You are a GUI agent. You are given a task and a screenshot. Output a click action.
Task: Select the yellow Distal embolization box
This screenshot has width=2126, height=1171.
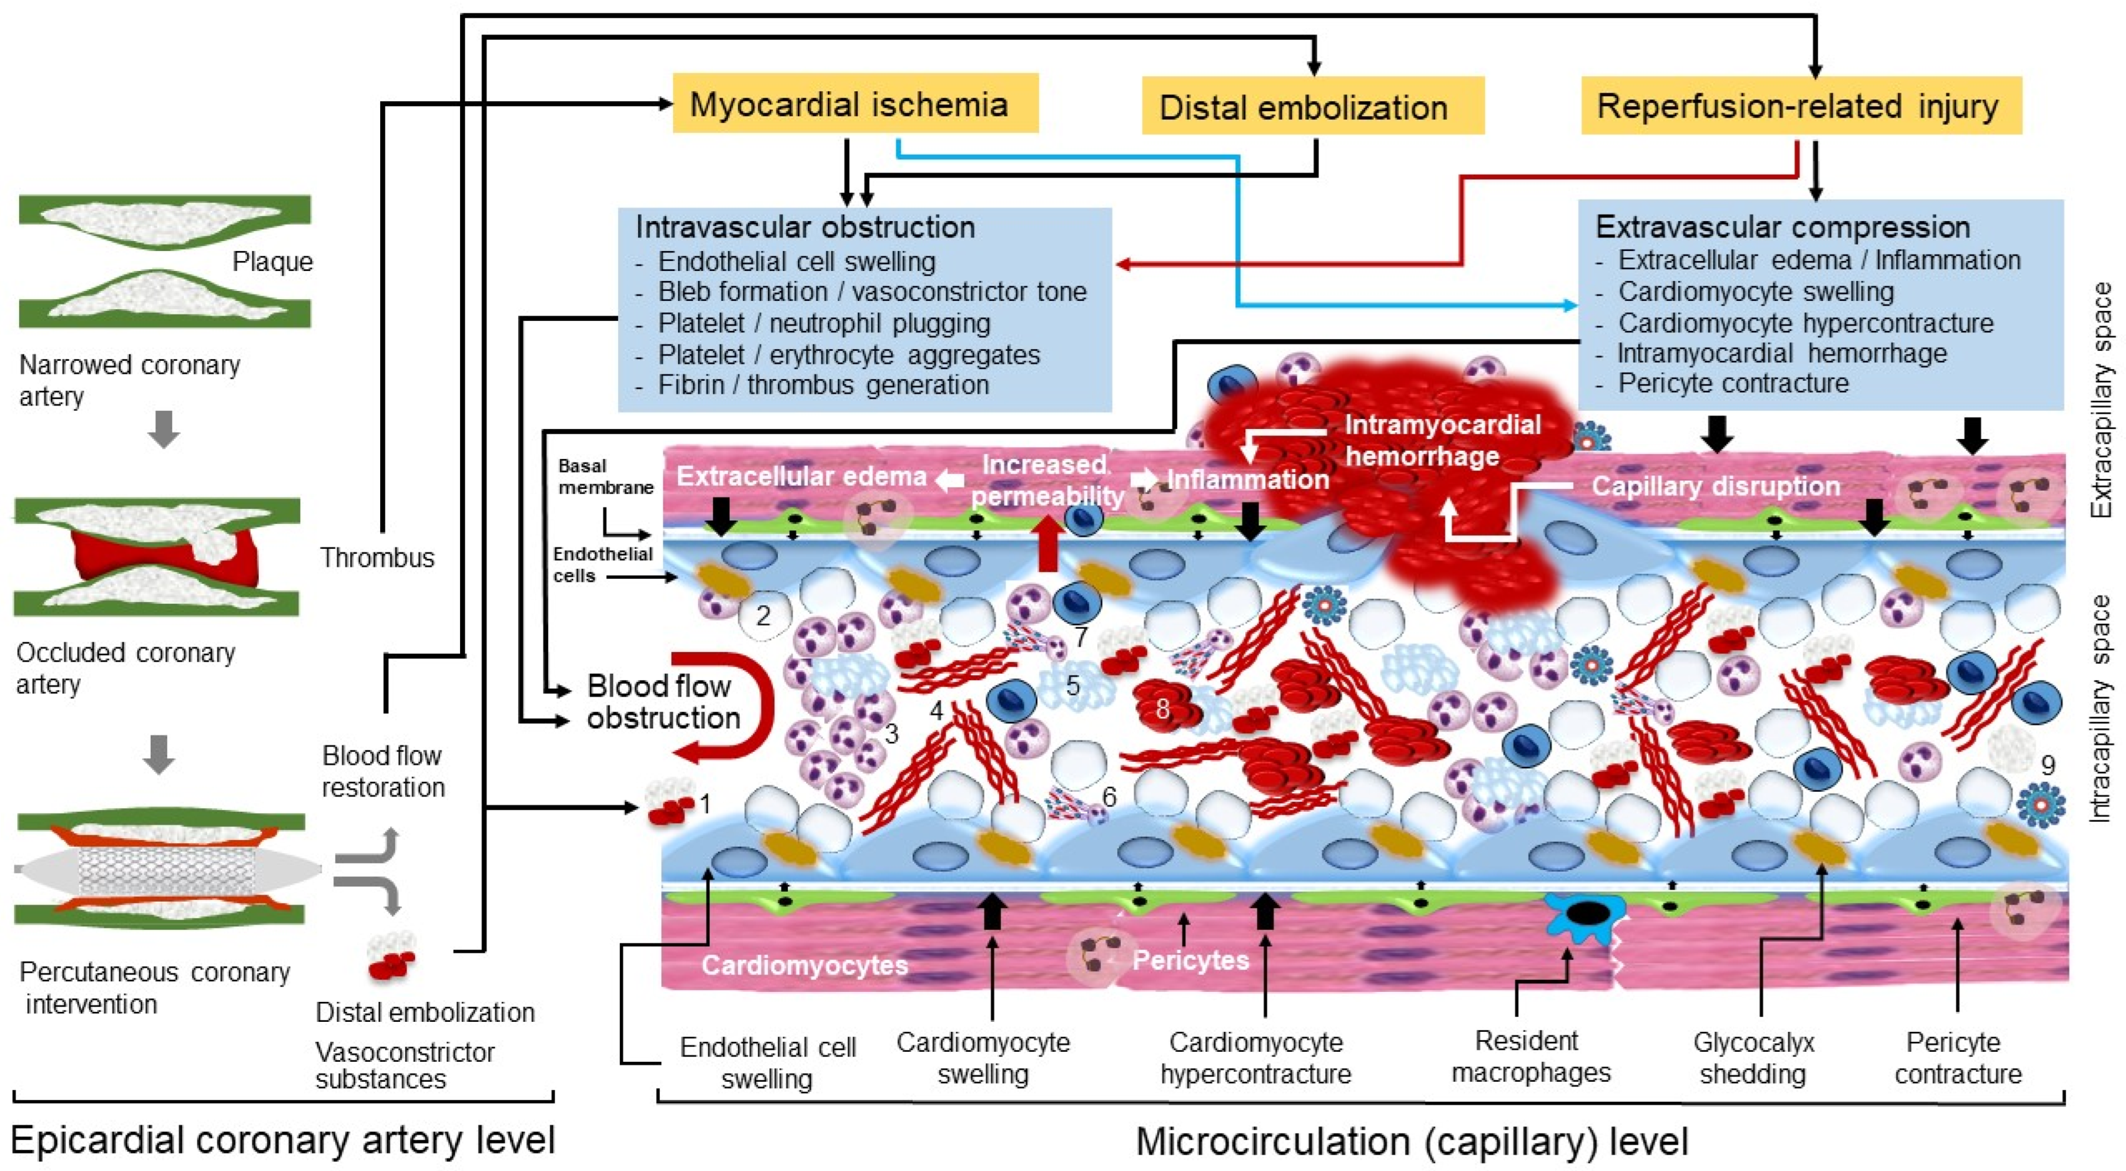[x=1312, y=107]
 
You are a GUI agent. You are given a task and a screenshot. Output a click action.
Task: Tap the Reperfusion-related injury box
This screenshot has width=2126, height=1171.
[x=1800, y=106]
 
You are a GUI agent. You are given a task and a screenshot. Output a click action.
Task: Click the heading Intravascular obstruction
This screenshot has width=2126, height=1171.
[x=805, y=227]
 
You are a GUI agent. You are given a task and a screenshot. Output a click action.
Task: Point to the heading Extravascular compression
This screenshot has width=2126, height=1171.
[x=1783, y=226]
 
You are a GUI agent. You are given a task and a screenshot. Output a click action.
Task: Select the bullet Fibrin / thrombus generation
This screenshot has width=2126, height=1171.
[x=823, y=384]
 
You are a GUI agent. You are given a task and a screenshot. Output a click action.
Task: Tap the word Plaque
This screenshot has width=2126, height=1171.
[x=273, y=262]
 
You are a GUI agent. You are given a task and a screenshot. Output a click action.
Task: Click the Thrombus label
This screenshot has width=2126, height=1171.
[x=377, y=558]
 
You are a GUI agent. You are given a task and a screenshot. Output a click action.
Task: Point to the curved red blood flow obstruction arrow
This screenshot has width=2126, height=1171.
[x=735, y=706]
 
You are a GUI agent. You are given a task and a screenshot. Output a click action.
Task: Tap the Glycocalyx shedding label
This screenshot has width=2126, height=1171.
[x=1753, y=1058]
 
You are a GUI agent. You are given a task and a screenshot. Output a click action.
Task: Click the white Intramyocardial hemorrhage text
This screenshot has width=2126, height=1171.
[x=1442, y=440]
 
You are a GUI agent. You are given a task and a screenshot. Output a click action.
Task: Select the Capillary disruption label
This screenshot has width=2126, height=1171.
[x=1715, y=486]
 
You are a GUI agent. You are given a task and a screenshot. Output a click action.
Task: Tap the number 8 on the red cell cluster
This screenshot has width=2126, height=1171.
[x=1162, y=708]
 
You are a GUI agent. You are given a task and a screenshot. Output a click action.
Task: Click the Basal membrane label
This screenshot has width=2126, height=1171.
[x=605, y=477]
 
